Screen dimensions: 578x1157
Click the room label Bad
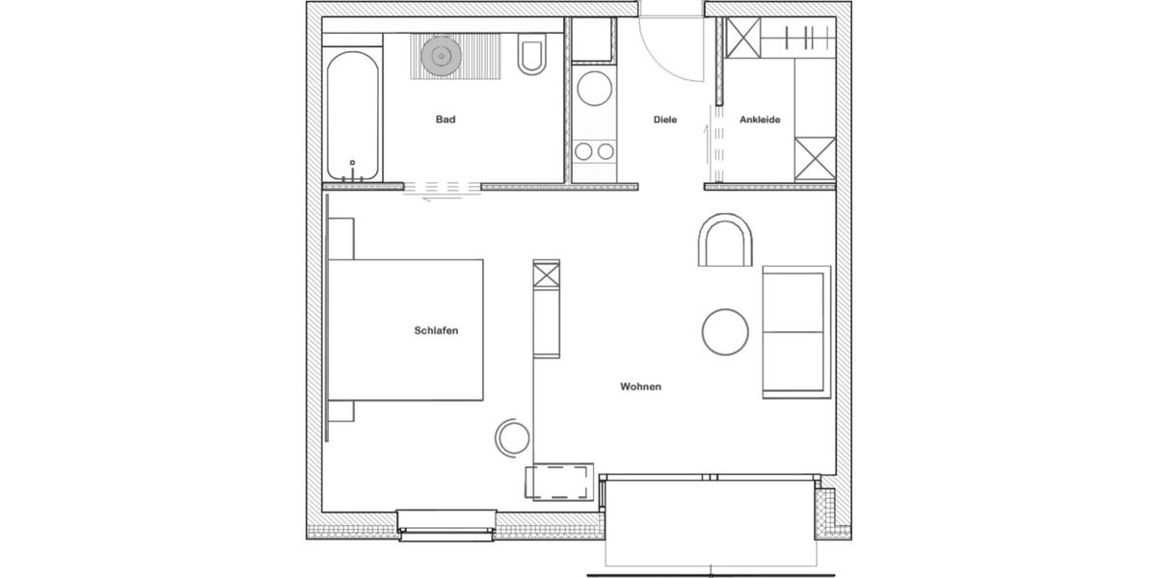pyautogui.click(x=444, y=120)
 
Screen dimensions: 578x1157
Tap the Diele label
pyautogui.click(x=665, y=120)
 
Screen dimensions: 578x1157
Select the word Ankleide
pyautogui.click(x=760, y=120)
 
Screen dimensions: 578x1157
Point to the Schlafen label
pyautogui.click(x=435, y=330)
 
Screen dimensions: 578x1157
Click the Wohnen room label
pyautogui.click(x=640, y=387)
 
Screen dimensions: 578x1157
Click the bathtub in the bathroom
pyautogui.click(x=352, y=116)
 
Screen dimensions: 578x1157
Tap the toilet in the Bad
pyautogui.click(x=531, y=57)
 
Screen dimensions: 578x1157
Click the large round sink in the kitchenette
pyautogui.click(x=591, y=90)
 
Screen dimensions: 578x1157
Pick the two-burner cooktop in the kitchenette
pyautogui.click(x=591, y=150)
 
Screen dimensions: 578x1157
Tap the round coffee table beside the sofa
pyautogui.click(x=725, y=332)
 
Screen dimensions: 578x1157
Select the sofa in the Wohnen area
pyautogui.click(x=795, y=330)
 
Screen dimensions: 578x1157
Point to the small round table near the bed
pyautogui.click(x=512, y=438)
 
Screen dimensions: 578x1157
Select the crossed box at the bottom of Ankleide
pyautogui.click(x=815, y=159)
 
